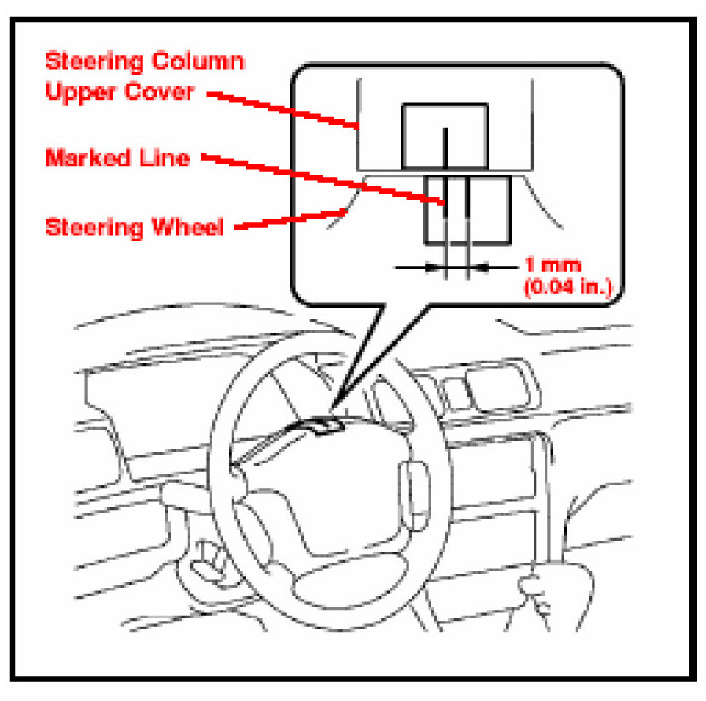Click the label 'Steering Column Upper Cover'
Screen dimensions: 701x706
pos(144,76)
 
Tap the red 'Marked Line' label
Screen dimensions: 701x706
pos(118,159)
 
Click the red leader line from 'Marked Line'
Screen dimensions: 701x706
pos(324,180)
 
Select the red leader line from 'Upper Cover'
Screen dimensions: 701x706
pos(281,108)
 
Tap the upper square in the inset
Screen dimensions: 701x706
pos(444,135)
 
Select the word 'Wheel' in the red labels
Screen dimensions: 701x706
pos(194,229)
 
